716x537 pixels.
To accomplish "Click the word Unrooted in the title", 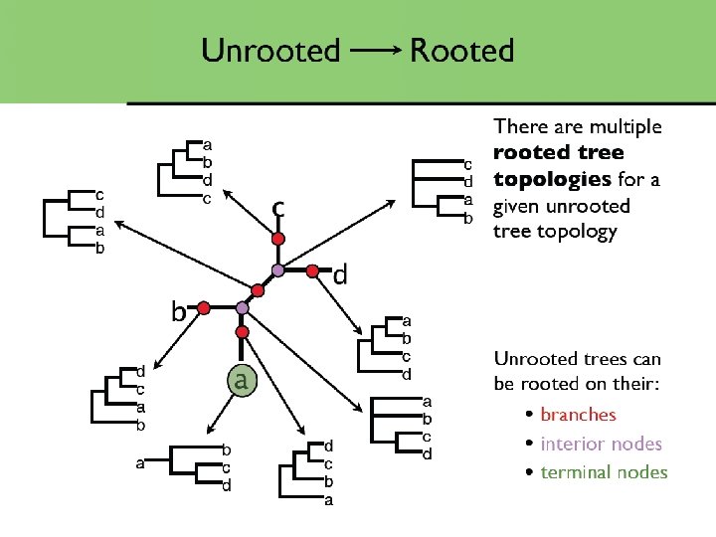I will click(270, 50).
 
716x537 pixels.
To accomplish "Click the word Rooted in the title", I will click(462, 50).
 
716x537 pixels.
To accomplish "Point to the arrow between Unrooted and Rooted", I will click(376, 51).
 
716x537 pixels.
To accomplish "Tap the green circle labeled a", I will click(240, 379).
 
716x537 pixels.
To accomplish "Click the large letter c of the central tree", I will click(279, 208).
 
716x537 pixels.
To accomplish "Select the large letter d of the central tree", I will click(340, 274).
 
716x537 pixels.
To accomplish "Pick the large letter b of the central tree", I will click(179, 312).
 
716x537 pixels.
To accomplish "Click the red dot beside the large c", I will click(279, 239).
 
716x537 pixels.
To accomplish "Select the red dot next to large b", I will click(203, 309).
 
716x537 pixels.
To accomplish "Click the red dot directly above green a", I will click(241, 332).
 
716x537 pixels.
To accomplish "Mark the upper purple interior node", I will click(279, 269).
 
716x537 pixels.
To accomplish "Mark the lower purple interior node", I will click(241, 308).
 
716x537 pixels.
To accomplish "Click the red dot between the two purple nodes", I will click(259, 289).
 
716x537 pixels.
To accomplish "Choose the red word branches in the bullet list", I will click(578, 415).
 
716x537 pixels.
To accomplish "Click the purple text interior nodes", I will click(601, 444).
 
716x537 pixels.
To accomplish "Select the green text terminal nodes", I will click(604, 472).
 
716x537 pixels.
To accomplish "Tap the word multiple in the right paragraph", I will click(626, 126).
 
